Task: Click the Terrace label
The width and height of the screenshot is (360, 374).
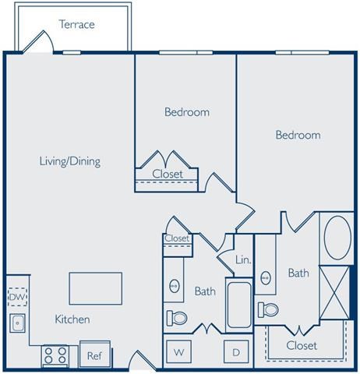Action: [77, 24]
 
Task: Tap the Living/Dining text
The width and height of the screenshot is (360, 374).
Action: [70, 161]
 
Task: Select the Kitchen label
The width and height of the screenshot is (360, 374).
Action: [72, 319]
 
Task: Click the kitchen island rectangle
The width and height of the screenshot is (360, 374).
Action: [95, 288]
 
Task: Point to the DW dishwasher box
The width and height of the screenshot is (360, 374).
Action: [16, 297]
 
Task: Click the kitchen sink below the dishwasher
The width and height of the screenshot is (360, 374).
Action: [16, 321]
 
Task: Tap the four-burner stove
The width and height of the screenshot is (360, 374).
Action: [55, 355]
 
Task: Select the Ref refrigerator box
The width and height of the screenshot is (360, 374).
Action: [94, 355]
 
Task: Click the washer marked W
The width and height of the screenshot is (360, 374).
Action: [177, 352]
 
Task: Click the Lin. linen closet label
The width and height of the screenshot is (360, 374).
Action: [243, 259]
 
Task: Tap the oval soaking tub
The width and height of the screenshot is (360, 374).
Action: [337, 237]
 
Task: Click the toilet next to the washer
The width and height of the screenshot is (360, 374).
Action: [177, 318]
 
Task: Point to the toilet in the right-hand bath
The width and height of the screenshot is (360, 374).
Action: [269, 309]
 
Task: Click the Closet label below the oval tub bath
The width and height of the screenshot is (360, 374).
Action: [301, 345]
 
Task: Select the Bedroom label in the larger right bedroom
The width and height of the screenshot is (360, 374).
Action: [298, 135]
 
